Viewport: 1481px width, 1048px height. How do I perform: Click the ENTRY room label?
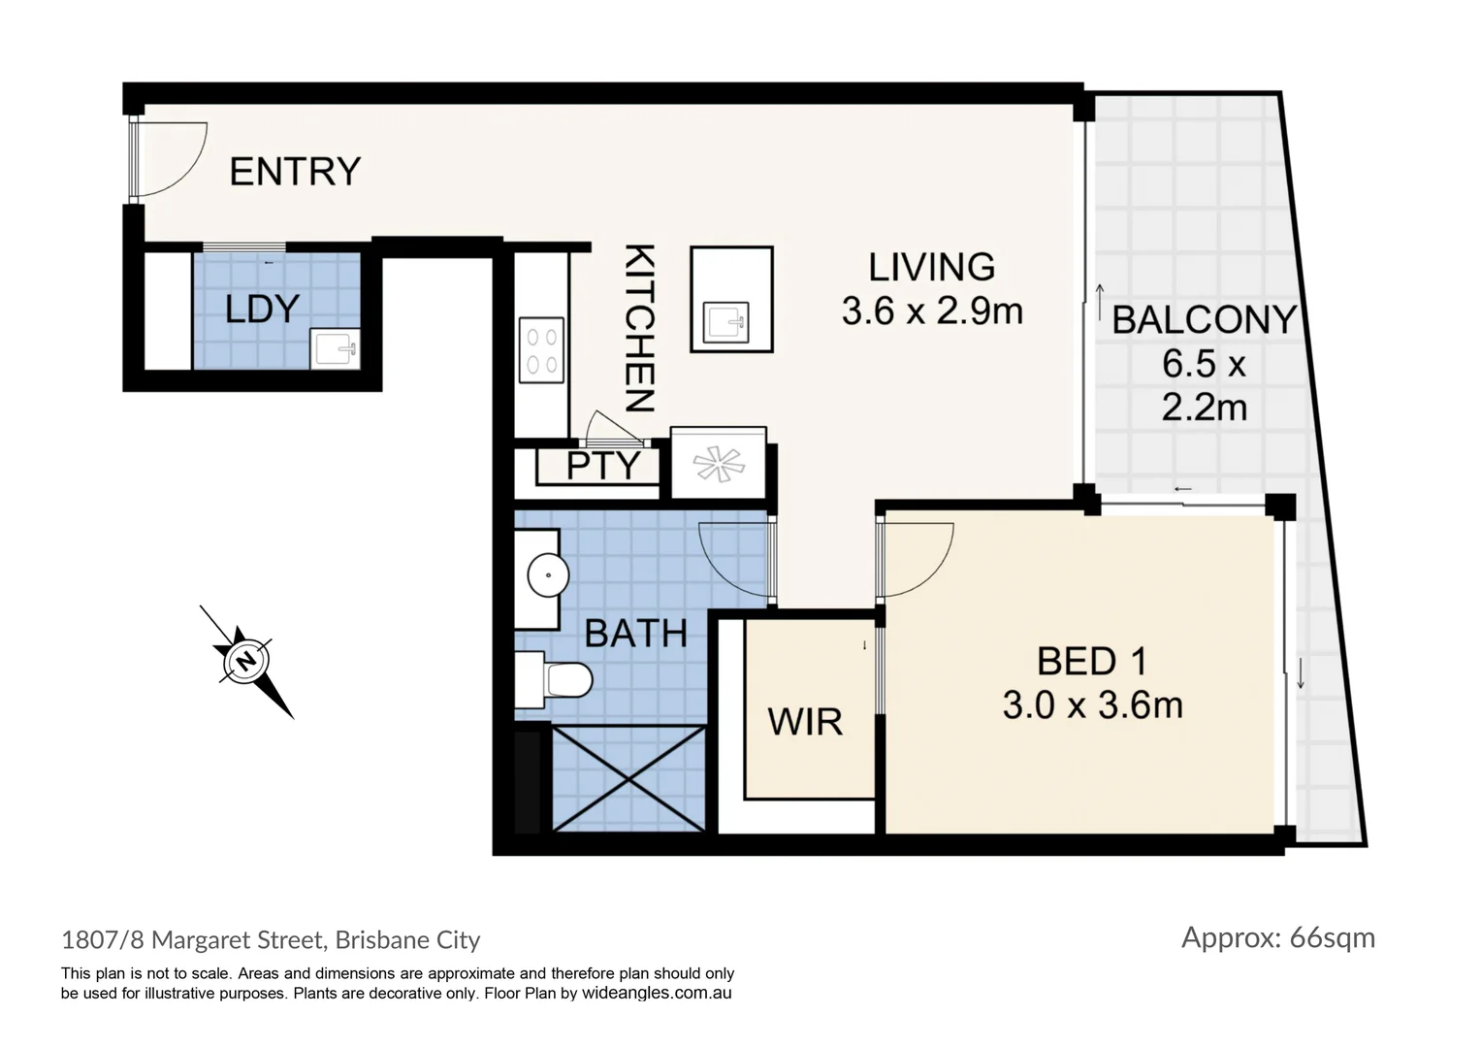295,172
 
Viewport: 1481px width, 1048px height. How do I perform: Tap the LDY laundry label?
261,310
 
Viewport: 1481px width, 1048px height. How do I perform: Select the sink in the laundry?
334,347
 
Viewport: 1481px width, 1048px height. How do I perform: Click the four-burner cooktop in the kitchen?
540,350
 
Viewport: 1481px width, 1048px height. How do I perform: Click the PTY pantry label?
602,466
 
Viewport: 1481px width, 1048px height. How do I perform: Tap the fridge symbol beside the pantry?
719,463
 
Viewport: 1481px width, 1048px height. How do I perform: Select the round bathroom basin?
548,576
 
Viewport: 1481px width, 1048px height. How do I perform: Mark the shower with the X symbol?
628,777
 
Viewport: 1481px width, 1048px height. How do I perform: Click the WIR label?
804,722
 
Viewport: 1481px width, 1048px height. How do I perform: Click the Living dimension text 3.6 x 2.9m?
932,311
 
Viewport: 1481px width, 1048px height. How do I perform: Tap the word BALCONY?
1203,319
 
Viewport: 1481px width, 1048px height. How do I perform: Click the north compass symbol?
246,661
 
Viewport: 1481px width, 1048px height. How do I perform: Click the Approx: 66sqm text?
1277,937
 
